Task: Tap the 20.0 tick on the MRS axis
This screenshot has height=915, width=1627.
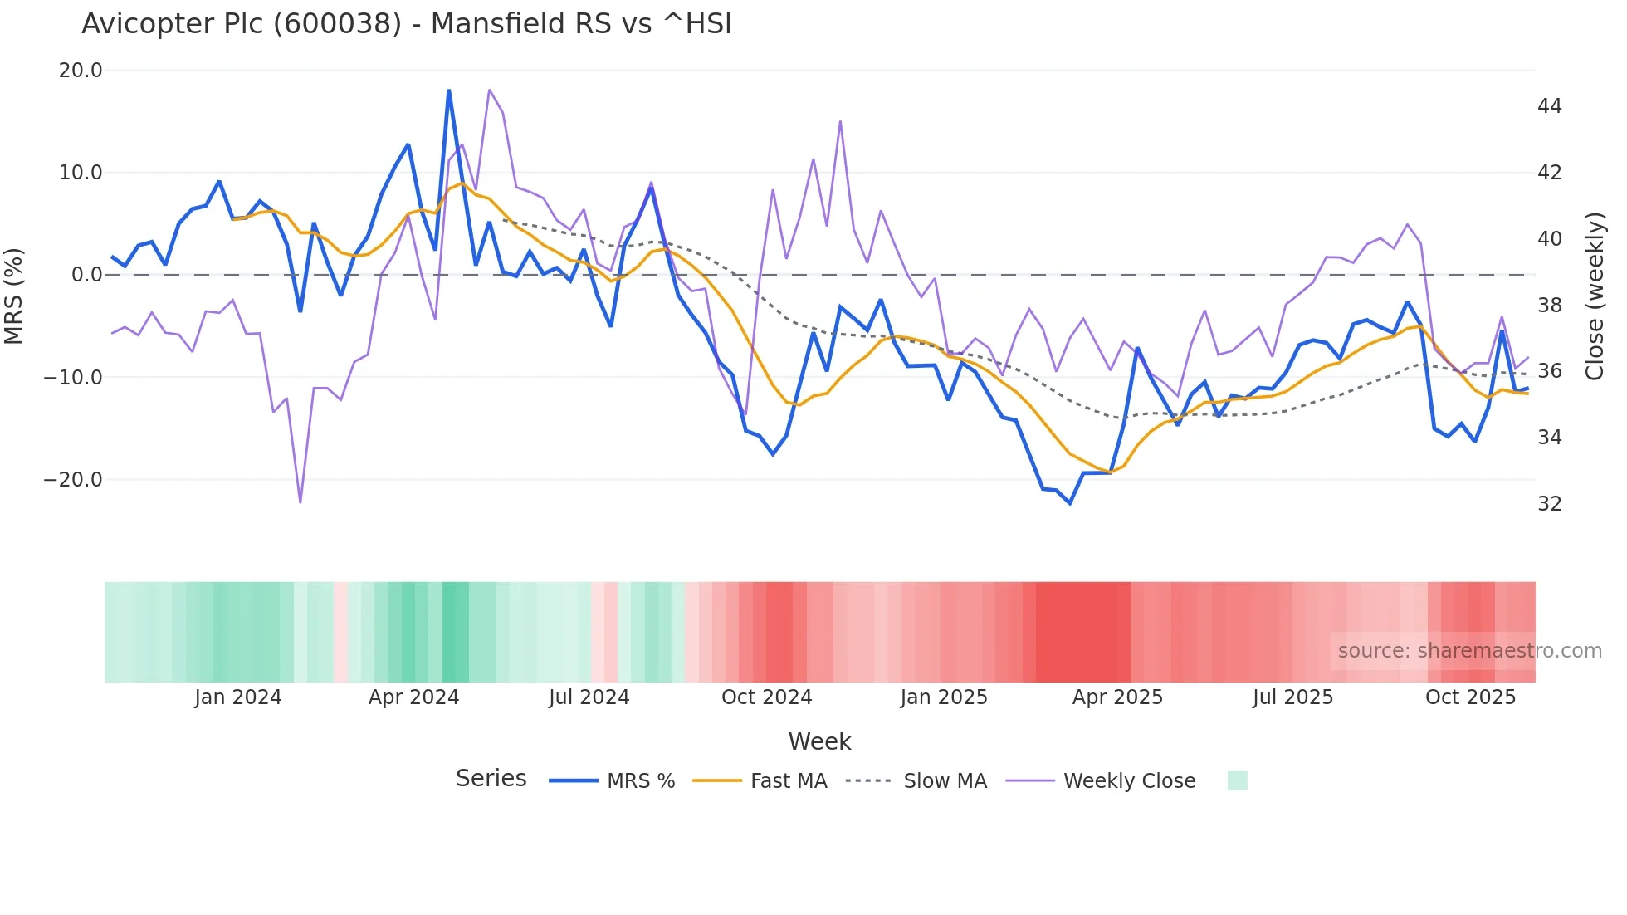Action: (81, 71)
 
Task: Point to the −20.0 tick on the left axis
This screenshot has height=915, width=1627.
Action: (73, 480)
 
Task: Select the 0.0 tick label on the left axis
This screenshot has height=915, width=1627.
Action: (87, 275)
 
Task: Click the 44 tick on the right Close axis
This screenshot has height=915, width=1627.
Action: (1549, 106)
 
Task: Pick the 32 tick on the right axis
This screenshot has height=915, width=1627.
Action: (1549, 504)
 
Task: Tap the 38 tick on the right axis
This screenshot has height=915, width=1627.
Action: (1549, 306)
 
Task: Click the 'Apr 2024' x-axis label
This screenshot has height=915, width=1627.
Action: (413, 697)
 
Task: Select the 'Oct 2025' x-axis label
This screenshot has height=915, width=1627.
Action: (1470, 697)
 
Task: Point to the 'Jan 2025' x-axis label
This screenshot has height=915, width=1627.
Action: (943, 697)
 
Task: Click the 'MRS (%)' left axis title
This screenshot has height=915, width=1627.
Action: (14, 296)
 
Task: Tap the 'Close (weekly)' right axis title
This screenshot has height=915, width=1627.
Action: (1595, 296)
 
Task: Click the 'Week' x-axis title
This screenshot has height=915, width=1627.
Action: (819, 741)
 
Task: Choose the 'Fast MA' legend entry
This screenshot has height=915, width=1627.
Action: (788, 781)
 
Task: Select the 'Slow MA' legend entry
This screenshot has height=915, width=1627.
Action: (945, 781)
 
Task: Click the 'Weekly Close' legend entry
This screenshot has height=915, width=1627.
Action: (1129, 781)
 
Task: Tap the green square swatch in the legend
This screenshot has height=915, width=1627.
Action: (1237, 781)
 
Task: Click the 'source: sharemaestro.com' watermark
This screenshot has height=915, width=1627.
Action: (1469, 651)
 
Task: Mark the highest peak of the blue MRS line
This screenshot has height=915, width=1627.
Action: (449, 91)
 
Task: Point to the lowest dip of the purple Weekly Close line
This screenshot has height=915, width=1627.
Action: (300, 502)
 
